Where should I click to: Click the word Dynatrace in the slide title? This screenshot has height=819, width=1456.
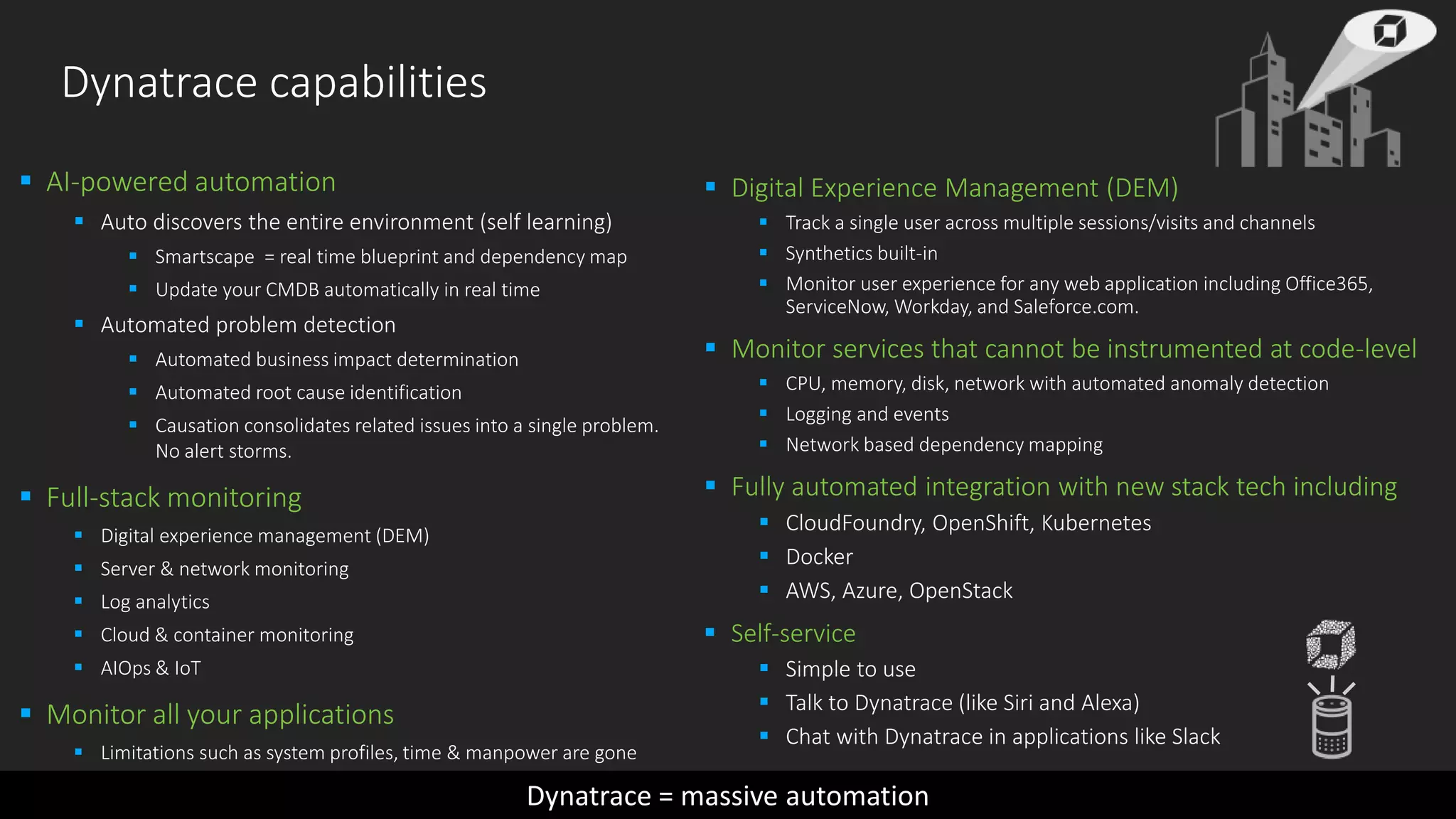(159, 82)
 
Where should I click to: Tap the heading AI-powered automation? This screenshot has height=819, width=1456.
(191, 183)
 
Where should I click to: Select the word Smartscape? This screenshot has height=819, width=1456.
(204, 257)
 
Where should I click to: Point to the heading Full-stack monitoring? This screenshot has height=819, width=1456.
(173, 498)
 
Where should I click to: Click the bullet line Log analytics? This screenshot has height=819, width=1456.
(155, 602)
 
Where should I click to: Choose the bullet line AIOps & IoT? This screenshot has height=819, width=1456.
(151, 668)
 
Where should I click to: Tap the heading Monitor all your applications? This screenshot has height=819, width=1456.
(220, 715)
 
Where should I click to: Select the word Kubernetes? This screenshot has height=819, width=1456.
(1096, 523)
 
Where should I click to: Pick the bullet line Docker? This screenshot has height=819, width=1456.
(819, 557)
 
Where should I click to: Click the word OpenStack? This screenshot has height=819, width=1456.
(960, 591)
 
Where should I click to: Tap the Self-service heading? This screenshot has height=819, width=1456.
(793, 633)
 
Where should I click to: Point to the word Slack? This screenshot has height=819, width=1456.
(1196, 737)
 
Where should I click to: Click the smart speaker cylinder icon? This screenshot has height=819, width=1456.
(1332, 727)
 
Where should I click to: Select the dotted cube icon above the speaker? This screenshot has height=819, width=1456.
(1331, 644)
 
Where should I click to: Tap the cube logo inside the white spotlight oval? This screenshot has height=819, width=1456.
(1389, 31)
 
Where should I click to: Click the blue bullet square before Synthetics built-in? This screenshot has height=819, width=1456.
(764, 252)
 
